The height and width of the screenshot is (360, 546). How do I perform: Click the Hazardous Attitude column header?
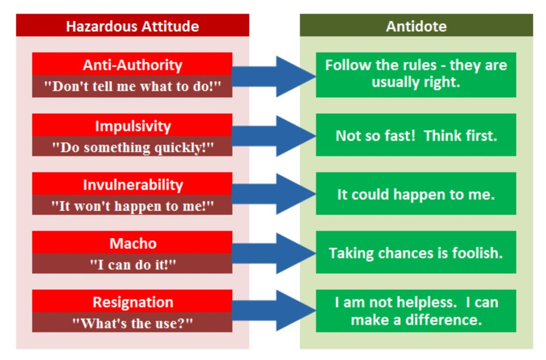coord(132,26)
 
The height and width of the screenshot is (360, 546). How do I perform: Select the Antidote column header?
coord(416,26)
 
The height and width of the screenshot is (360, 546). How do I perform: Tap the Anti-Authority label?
coord(132,64)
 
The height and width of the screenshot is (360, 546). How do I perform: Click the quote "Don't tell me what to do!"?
coord(132,87)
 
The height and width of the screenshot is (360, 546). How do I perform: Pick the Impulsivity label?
coord(132,126)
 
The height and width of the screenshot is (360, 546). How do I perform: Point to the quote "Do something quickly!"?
coord(132,147)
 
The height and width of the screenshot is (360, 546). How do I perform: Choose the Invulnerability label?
coord(132,184)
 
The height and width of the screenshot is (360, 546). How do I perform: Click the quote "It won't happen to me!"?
coord(132,205)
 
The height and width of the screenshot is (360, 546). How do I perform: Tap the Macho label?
coord(132,243)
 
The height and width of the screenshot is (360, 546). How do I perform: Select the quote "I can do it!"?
coord(132,264)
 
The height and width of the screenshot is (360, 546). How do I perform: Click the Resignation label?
coord(132,302)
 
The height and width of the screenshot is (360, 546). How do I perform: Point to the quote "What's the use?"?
coord(132,322)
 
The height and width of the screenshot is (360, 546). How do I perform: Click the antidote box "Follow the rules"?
coord(416,74)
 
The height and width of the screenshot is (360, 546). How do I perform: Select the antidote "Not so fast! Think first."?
coord(416,135)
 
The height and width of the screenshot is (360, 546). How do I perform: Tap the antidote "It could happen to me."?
coord(416,194)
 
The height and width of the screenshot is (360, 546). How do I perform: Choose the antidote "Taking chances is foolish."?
coord(416,253)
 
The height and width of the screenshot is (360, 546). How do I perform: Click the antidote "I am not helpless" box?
coord(416,311)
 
